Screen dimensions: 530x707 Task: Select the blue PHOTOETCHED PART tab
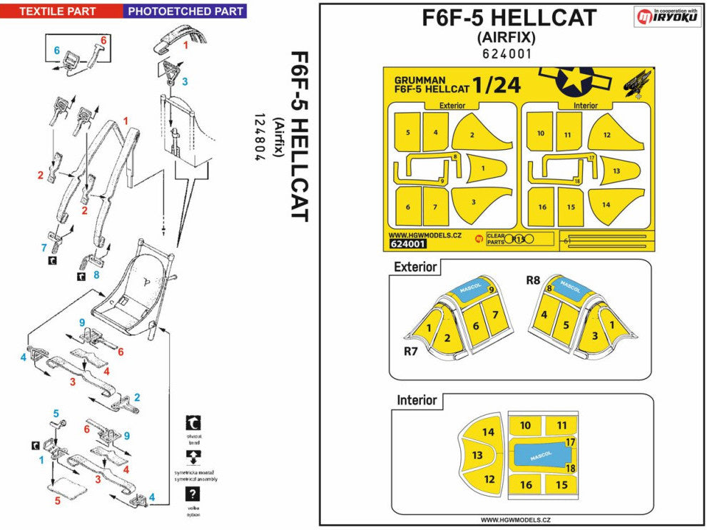[185, 11]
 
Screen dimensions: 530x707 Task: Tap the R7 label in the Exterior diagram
[411, 352]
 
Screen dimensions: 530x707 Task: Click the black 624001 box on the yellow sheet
[408, 244]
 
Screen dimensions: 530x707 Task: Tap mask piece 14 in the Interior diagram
[488, 432]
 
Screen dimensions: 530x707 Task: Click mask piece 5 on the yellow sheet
[407, 133]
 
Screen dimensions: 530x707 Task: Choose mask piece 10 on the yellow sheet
[541, 133]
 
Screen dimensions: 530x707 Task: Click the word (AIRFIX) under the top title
[509, 37]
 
